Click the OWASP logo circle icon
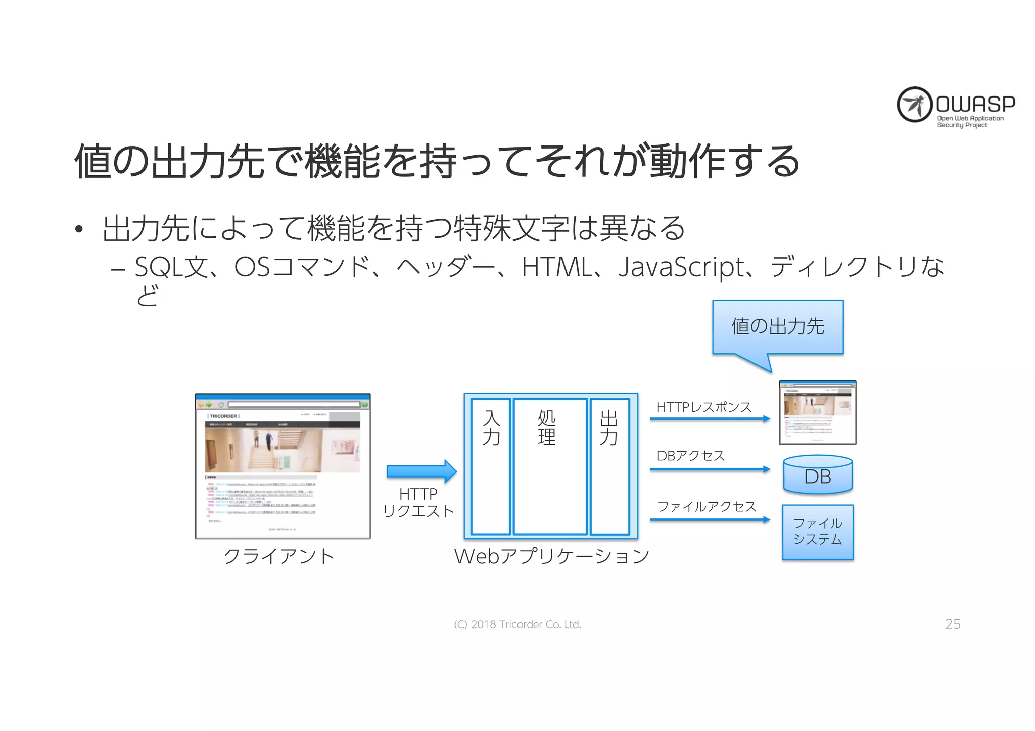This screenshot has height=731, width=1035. click(x=914, y=105)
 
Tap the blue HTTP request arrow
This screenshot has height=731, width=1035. click(x=421, y=471)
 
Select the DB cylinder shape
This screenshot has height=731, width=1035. click(x=818, y=475)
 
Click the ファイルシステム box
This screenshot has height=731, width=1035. click(x=818, y=532)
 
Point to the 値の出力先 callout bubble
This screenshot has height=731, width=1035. click(x=778, y=327)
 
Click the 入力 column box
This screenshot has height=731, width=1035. click(x=490, y=466)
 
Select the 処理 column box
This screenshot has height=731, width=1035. click(x=550, y=466)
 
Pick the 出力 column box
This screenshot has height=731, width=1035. click(x=609, y=466)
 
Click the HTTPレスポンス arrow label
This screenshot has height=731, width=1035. click(x=704, y=407)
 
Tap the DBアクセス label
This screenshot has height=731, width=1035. click(x=691, y=456)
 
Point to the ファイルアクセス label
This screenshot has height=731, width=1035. click(x=707, y=507)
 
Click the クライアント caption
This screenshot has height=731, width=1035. click(x=279, y=556)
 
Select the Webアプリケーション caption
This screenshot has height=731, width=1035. click(x=551, y=556)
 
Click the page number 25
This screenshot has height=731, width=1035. click(x=953, y=624)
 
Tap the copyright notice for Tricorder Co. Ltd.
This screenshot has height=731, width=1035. click(x=517, y=625)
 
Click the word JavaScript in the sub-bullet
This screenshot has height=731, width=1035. click(x=681, y=268)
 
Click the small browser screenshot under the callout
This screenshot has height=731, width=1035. click(x=817, y=413)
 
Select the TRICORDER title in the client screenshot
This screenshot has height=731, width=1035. click(x=223, y=416)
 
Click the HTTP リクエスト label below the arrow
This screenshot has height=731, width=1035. click(x=418, y=503)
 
